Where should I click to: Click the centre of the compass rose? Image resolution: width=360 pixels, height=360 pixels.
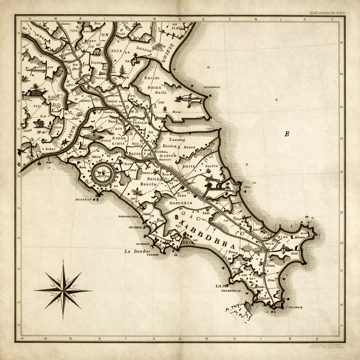63,290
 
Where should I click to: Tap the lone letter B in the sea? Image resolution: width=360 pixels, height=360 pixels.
287,134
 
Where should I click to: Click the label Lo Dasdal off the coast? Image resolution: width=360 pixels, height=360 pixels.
137,251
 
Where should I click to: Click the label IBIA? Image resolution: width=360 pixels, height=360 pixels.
117,51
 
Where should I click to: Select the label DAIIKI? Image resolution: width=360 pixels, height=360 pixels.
152,78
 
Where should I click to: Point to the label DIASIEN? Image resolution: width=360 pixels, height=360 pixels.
168,154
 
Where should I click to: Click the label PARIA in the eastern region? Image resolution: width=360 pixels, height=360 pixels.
189,166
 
